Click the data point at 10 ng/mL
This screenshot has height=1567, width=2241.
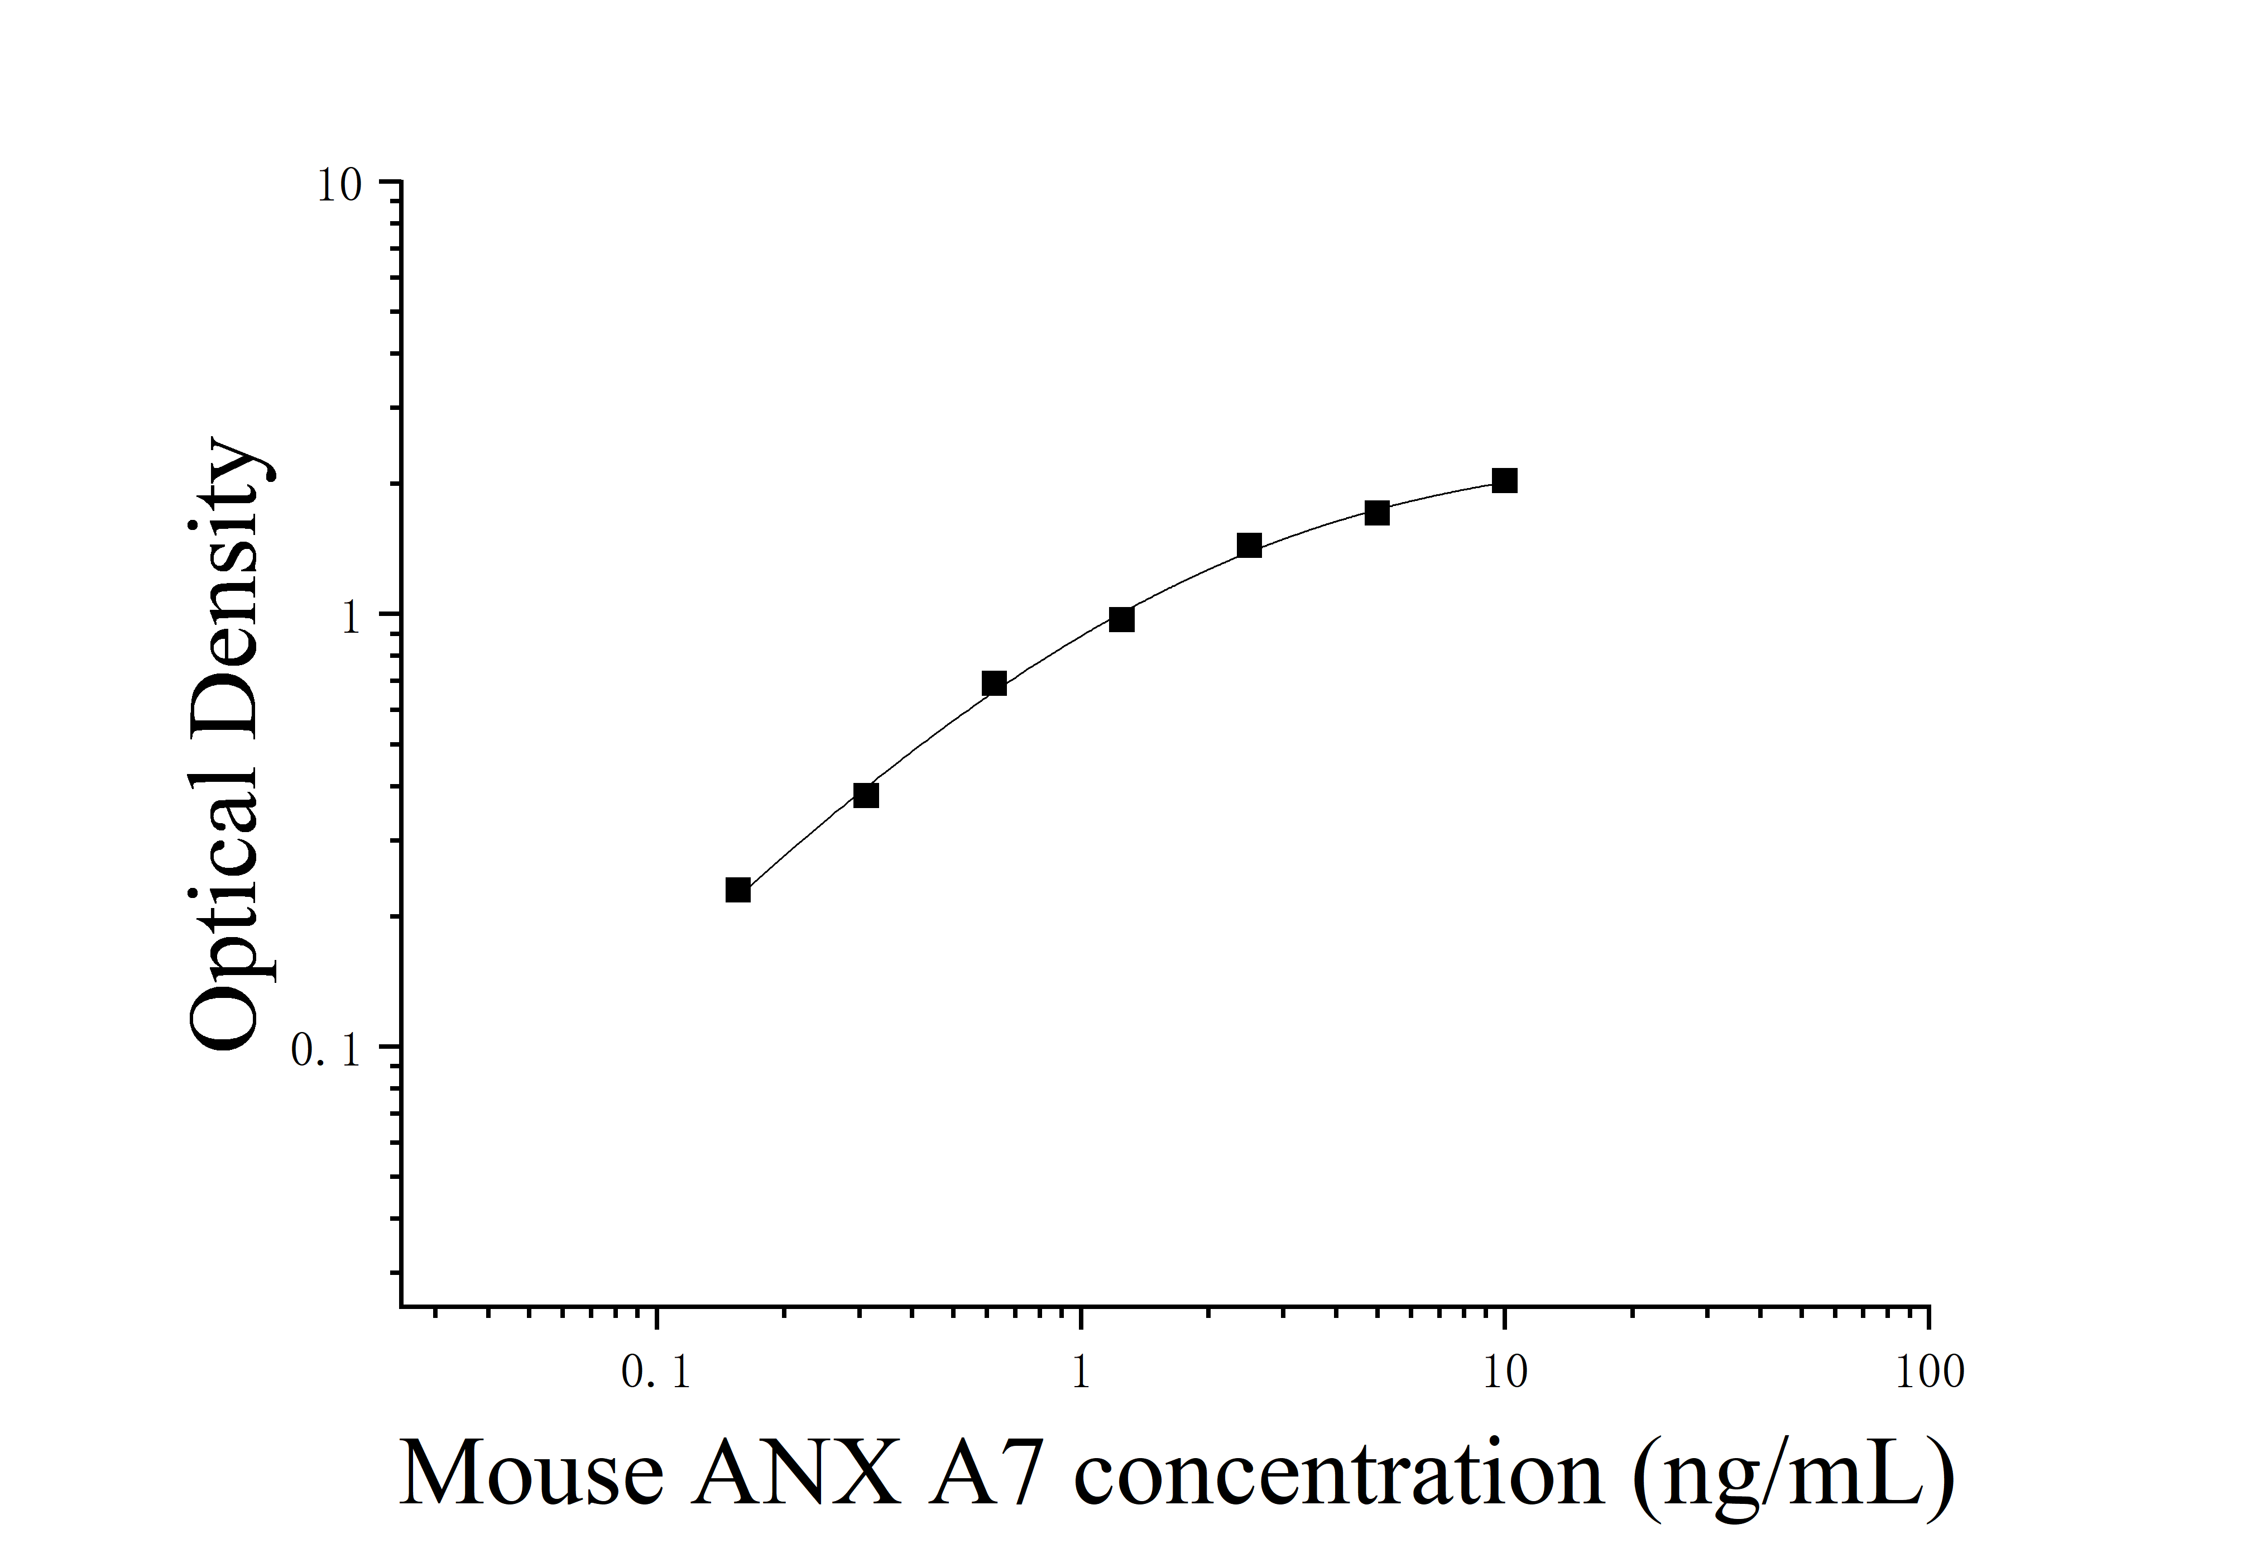tap(1504, 480)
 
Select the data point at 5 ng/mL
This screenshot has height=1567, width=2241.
tap(1376, 513)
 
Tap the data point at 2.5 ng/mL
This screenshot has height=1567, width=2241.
tap(1249, 545)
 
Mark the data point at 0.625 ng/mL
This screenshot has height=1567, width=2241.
tap(994, 684)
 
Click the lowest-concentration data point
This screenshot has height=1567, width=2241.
tap(738, 890)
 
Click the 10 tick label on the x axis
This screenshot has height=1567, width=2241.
tap(1505, 1374)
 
